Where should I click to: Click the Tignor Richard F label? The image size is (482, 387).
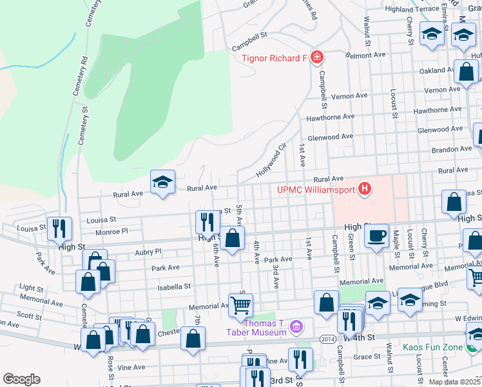coord(274,59)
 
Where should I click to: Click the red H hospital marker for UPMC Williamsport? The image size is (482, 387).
coord(365,189)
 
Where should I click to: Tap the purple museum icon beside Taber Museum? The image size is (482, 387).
coord(296,327)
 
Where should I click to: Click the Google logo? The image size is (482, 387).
coord(21,379)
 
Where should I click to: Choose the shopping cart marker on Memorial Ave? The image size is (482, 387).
coord(240,304)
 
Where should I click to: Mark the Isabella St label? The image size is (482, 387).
coord(178,286)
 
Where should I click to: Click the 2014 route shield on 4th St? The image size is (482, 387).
coord(327,338)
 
